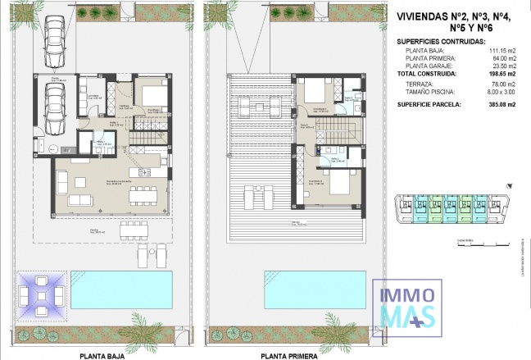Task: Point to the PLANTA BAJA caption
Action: pyautogui.click(x=102, y=356)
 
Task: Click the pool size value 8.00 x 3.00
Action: pyautogui.click(x=501, y=91)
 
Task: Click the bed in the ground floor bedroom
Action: pyautogui.click(x=155, y=94)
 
